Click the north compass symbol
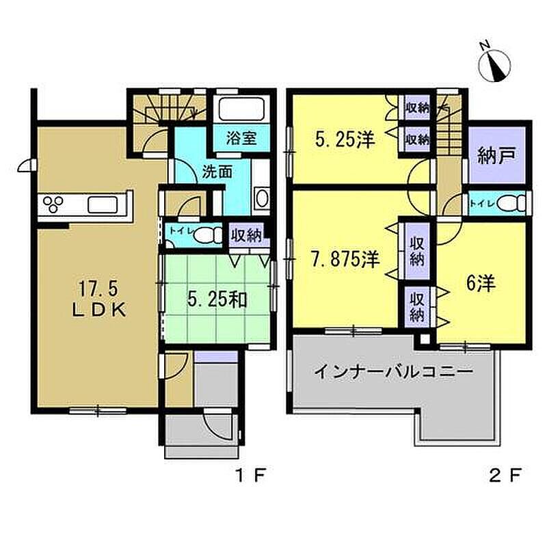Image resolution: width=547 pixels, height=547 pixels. click(x=494, y=63)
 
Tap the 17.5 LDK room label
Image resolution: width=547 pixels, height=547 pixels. click(x=99, y=299)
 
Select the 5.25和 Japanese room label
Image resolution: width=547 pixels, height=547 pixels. click(x=217, y=299)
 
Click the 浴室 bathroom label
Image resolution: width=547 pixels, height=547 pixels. click(x=241, y=138)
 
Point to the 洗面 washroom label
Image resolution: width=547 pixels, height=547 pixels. click(x=217, y=172)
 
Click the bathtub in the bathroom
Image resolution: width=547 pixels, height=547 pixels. click(x=241, y=109)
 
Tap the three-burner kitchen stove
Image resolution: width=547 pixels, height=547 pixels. click(x=53, y=204)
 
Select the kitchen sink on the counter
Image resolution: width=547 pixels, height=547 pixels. click(x=102, y=204)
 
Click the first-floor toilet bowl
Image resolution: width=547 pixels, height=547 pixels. click(x=207, y=235)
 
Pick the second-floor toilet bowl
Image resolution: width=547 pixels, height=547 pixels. click(x=511, y=202)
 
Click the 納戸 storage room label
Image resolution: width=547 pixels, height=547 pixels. click(x=497, y=156)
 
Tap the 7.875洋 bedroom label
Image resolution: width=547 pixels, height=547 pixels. click(x=345, y=259)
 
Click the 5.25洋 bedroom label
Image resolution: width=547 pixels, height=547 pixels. click(x=345, y=139)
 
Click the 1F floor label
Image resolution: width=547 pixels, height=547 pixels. click(x=251, y=475)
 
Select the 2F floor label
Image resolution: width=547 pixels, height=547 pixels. click(x=505, y=475)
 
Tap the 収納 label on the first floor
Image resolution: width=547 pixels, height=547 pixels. click(x=247, y=236)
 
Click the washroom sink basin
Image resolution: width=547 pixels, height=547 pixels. click(x=262, y=198)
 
